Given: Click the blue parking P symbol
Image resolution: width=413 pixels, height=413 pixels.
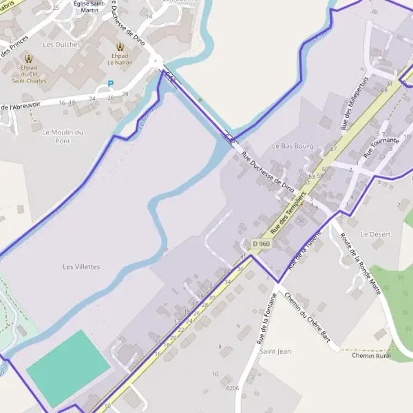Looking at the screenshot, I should point(111,85).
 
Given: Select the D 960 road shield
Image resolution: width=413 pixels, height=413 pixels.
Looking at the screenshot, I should point(261,244).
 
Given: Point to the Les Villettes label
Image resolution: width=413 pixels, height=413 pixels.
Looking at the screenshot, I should point(81,266).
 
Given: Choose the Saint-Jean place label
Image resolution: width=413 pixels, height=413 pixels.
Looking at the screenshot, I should point(275,351).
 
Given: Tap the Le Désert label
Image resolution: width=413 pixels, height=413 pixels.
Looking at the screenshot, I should point(375,234).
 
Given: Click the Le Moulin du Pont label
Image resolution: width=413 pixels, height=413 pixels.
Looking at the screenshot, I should point(63,136).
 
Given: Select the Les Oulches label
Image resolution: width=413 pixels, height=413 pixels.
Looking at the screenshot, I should point(62,45).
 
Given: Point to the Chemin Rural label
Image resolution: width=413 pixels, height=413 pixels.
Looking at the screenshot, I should point(371,356).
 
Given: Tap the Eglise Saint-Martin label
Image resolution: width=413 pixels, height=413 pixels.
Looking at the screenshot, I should point(94,7).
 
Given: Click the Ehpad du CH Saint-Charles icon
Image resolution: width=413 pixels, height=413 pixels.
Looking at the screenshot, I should point(29,59).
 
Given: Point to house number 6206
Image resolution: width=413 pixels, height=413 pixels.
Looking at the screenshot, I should point(233,388).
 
